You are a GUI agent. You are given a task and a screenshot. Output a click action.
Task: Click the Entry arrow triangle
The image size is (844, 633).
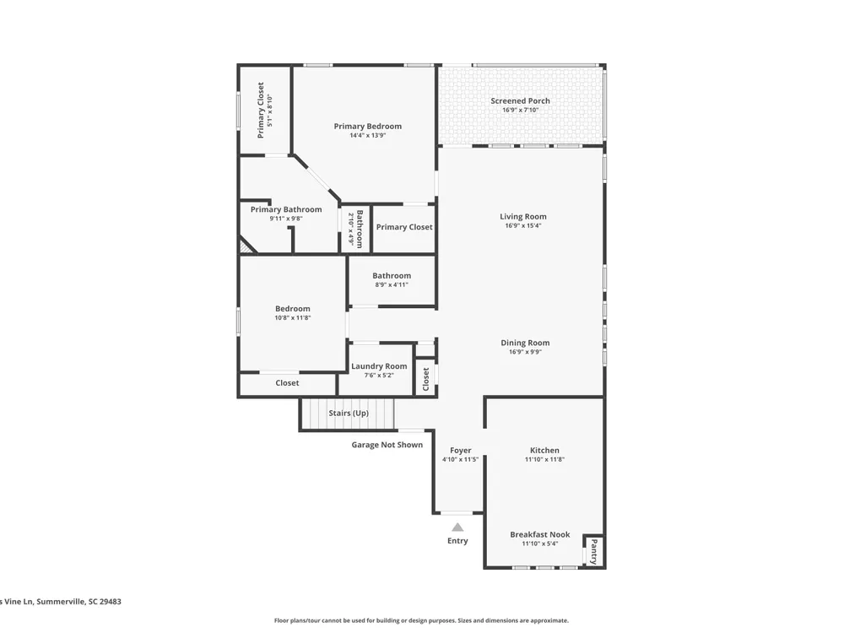pyautogui.click(x=457, y=527)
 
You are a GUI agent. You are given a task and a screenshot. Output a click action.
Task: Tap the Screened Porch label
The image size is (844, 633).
pyautogui.click(x=520, y=100)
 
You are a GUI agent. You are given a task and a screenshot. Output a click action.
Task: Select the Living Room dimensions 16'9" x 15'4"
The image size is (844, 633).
pyautogui.click(x=522, y=225)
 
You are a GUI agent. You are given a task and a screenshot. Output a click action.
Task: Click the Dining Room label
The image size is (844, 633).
pyautogui.click(x=525, y=343)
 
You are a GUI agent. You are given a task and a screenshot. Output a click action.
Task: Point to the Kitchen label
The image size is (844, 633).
pyautogui.click(x=544, y=450)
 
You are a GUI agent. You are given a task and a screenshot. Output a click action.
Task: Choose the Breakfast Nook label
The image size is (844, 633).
pyautogui.click(x=540, y=534)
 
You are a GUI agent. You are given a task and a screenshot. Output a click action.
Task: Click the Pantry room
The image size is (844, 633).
pyautogui.click(x=593, y=551)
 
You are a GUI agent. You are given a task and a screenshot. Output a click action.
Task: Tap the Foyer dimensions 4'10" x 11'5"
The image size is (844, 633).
pyautogui.click(x=460, y=460)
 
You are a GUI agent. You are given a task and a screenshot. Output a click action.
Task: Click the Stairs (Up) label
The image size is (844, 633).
pyautogui.click(x=349, y=414)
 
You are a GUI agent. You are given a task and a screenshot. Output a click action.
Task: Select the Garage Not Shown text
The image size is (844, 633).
pyautogui.click(x=387, y=445)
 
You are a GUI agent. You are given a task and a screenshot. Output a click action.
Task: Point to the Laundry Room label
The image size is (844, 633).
pyautogui.click(x=379, y=366)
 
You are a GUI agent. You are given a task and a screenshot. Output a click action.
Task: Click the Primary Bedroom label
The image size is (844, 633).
pyautogui.click(x=368, y=126)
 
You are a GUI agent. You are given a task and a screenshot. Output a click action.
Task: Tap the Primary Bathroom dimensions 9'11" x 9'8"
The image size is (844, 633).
pyautogui.click(x=286, y=219)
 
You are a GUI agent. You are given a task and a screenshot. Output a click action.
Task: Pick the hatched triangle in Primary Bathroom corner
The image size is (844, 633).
pyautogui.click(x=246, y=246)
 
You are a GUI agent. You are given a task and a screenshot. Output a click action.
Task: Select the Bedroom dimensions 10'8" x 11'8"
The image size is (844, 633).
pyautogui.click(x=292, y=317)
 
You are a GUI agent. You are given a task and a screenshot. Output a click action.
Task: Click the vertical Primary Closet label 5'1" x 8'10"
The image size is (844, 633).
pyautogui.click(x=265, y=111)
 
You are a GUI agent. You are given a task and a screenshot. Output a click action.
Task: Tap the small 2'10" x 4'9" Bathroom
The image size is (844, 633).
pyautogui.click(x=355, y=228)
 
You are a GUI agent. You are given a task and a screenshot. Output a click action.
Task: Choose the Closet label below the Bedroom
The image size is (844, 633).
pyautogui.click(x=287, y=382)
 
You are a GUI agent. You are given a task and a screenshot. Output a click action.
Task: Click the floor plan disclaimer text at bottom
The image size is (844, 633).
pyautogui.click(x=421, y=620)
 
